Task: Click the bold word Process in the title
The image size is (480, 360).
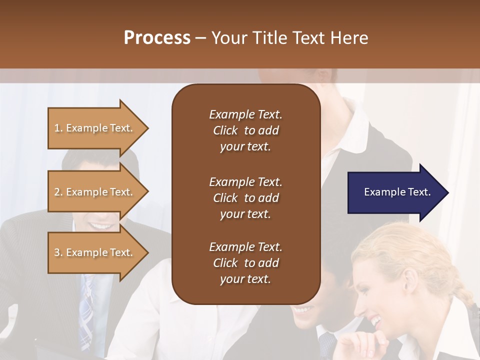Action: (x=157, y=38)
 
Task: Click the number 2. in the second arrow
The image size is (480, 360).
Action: (x=58, y=192)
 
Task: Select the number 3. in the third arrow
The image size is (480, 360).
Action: (x=58, y=252)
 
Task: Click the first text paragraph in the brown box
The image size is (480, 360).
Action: (x=245, y=130)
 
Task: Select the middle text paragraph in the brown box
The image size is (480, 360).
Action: (x=245, y=197)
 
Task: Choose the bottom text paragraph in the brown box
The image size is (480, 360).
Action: (x=245, y=263)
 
